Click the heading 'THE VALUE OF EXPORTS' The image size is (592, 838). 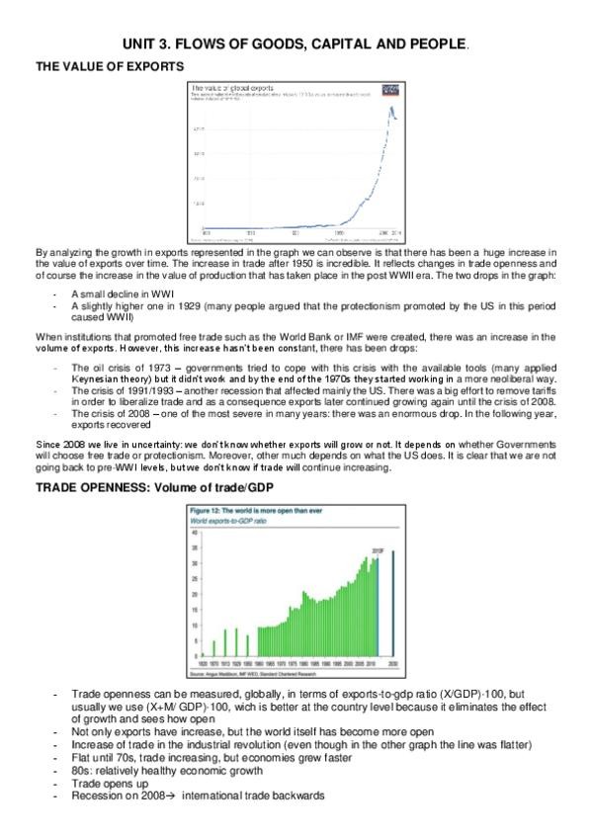pyautogui.click(x=109, y=66)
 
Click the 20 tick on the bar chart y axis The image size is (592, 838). pyautogui.click(x=194, y=596)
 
